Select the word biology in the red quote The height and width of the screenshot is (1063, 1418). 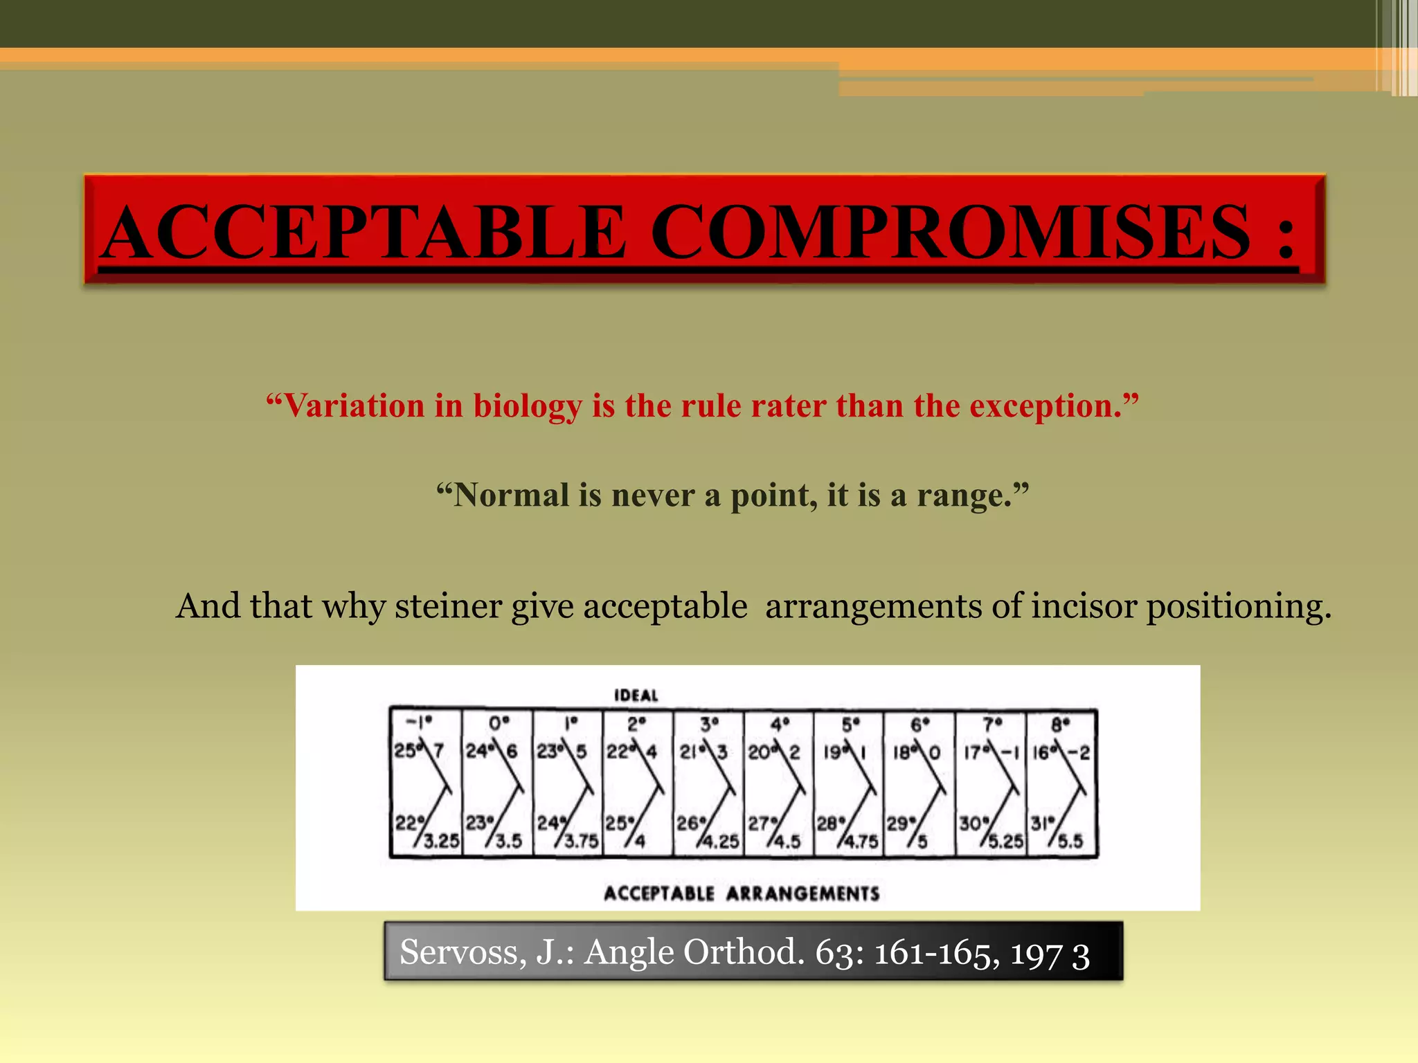pyautogui.click(x=527, y=406)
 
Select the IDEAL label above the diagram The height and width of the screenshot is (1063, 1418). pyautogui.click(x=636, y=695)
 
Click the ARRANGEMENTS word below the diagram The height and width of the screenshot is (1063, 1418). pyautogui.click(x=803, y=893)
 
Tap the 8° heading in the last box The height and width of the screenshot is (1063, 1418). pyautogui.click(x=1060, y=725)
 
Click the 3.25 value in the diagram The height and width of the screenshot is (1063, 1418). pyautogui.click(x=442, y=841)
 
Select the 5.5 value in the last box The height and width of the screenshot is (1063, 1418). pyautogui.click(x=1070, y=842)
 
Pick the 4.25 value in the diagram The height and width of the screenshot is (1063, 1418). pyautogui.click(x=721, y=842)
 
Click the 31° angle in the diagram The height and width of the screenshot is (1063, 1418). pyautogui.click(x=1040, y=824)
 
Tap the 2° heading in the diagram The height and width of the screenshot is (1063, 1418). pyautogui.click(x=636, y=725)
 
